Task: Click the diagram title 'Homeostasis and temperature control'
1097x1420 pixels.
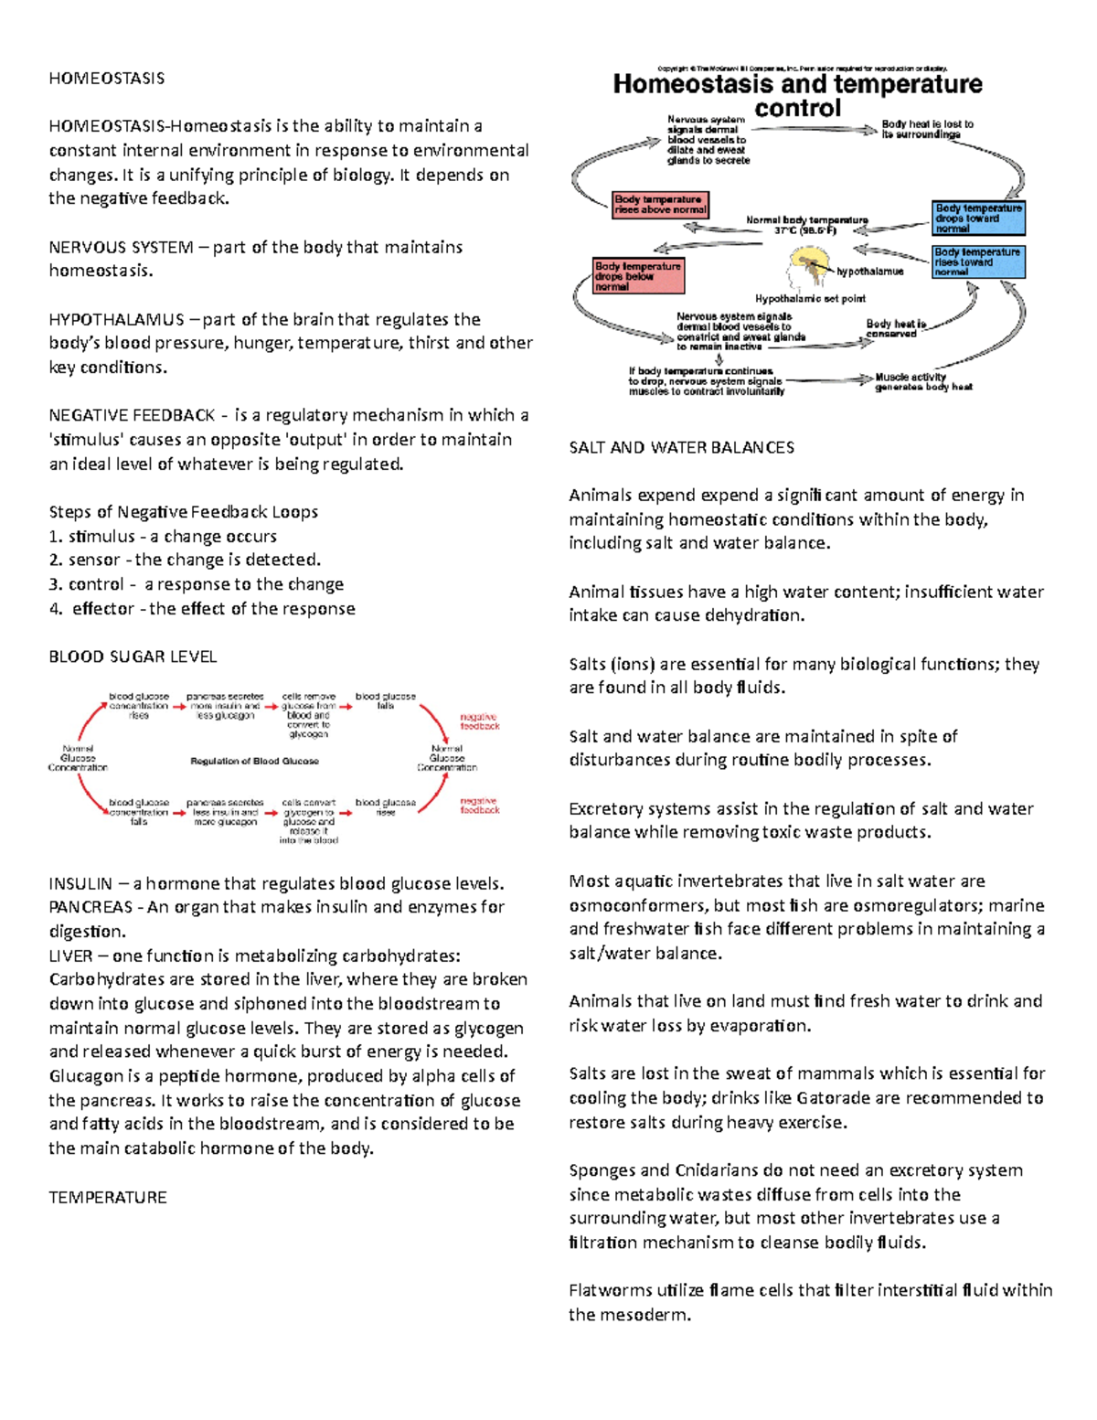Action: click(x=797, y=96)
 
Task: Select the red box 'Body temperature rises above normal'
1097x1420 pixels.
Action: click(x=660, y=205)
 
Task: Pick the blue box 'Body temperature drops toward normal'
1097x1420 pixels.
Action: click(x=977, y=219)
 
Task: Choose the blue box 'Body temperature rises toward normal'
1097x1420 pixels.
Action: click(x=977, y=262)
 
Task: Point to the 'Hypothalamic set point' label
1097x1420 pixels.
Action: click(x=809, y=299)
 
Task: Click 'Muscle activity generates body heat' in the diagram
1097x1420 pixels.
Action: click(x=922, y=382)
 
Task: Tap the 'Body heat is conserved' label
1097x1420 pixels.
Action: click(x=895, y=329)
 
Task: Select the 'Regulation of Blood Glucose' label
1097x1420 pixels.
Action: click(x=254, y=761)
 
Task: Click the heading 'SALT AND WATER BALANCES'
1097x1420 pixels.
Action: click(x=681, y=448)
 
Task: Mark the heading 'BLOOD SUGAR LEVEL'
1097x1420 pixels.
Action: click(x=133, y=657)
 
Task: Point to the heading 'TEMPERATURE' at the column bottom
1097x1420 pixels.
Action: click(x=108, y=1198)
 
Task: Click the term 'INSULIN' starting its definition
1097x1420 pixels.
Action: click(x=80, y=884)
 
